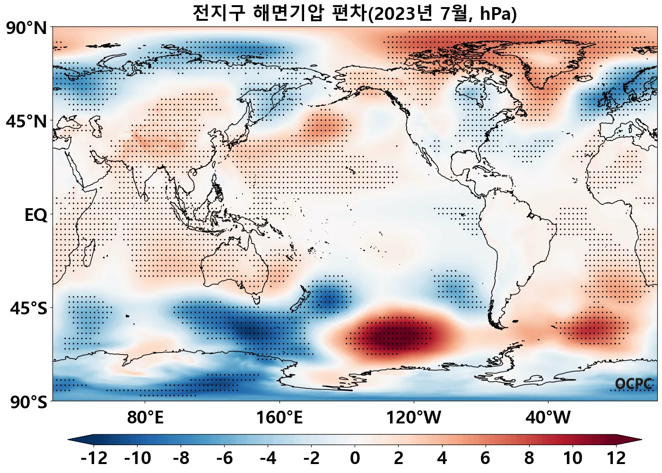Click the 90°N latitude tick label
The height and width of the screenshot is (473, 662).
pos(26,28)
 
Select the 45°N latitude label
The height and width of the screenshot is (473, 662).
pos(26,122)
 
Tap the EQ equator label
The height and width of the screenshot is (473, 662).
pos(36,215)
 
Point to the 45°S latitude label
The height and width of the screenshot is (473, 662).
pos(28,309)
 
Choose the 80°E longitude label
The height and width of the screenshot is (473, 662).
pos(145,418)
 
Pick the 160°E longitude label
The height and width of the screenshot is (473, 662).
pos(279,418)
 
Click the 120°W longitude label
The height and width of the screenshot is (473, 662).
pos(414,418)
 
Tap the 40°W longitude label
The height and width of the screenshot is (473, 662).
pos(548,418)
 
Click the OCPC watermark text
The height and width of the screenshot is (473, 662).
pos(634,384)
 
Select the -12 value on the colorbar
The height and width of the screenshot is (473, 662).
pos(94,458)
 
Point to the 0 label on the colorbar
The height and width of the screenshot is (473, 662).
pos(355,458)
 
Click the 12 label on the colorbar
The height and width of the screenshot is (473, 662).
pos(616,458)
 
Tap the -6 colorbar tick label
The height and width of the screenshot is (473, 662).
pos(225,458)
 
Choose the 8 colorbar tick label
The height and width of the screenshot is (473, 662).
pos(529,458)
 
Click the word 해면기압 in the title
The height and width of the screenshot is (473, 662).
pos(288,13)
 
